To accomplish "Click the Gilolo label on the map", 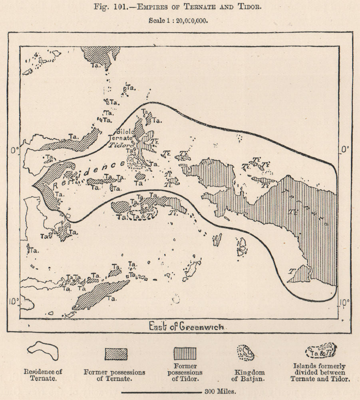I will click(x=124, y=131).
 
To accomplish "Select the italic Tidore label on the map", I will click(x=121, y=145).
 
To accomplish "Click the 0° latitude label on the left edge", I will click(x=15, y=150).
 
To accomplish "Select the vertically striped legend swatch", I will click(x=184, y=353).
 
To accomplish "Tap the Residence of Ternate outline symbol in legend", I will click(x=43, y=351).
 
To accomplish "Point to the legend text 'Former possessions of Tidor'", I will click(x=185, y=372).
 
